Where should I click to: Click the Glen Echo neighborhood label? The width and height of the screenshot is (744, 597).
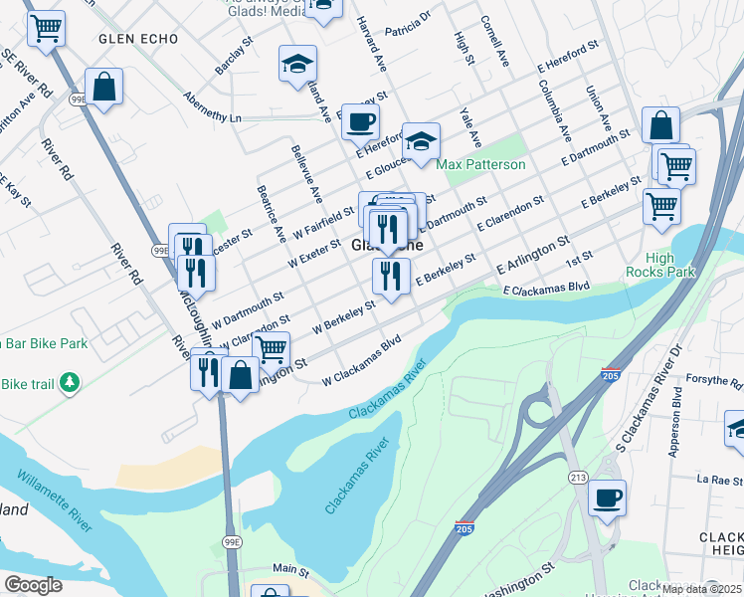click(x=137, y=38)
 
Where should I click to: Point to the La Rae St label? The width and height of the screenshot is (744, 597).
click(x=714, y=479)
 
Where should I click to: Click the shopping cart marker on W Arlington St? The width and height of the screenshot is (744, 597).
click(x=271, y=349)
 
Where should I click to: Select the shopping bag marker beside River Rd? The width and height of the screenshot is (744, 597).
click(x=103, y=88)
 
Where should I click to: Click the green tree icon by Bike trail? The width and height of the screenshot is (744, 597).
click(x=69, y=382)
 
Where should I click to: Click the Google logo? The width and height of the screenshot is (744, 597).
click(x=33, y=585)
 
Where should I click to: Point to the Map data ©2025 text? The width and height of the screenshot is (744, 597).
click(x=700, y=589)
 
